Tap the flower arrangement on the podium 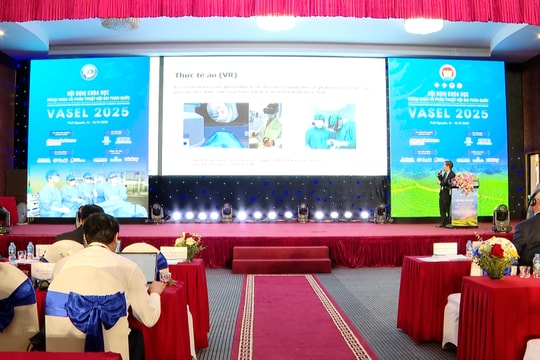(465, 182)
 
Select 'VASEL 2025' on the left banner (88, 113)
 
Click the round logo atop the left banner (89, 71)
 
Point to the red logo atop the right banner (447, 72)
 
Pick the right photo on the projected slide (330, 126)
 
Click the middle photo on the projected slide (267, 125)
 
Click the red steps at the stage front (281, 260)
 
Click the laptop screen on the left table (139, 266)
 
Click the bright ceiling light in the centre (275, 22)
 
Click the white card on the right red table (445, 249)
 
